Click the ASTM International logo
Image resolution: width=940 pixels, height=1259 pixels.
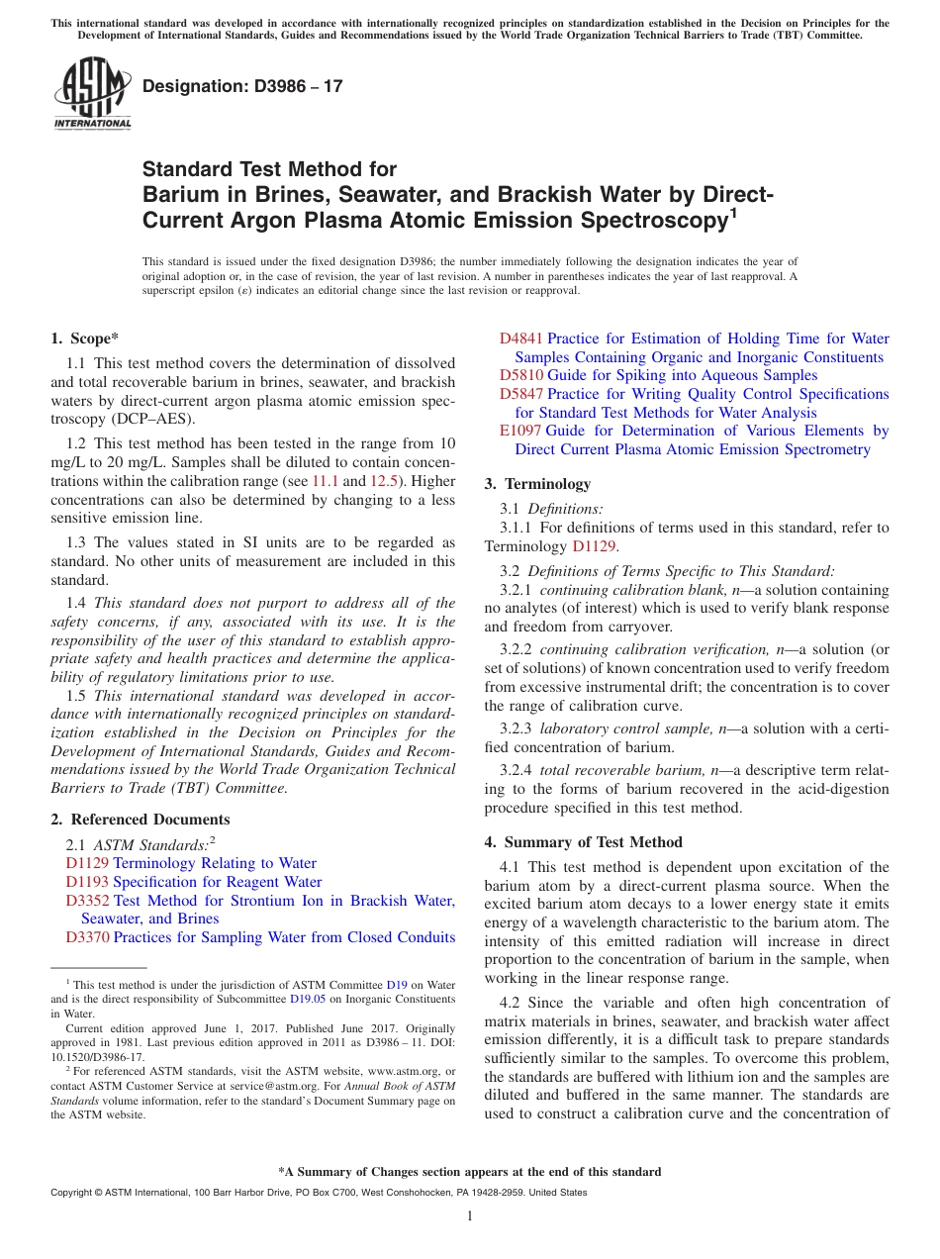click(x=92, y=94)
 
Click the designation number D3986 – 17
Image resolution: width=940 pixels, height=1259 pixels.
click(x=242, y=86)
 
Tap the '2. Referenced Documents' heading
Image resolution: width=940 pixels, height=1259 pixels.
click(x=140, y=820)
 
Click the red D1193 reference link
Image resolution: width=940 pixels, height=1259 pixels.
click(x=87, y=882)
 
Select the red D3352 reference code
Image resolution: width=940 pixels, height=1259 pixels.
click(x=87, y=901)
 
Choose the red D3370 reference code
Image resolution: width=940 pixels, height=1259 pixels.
click(x=87, y=937)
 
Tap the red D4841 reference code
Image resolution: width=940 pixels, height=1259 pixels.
click(x=521, y=339)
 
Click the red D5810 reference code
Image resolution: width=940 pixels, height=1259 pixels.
click(x=521, y=375)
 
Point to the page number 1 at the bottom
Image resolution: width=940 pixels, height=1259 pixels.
click(x=470, y=1215)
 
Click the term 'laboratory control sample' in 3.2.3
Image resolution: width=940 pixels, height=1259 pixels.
click(x=627, y=728)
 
